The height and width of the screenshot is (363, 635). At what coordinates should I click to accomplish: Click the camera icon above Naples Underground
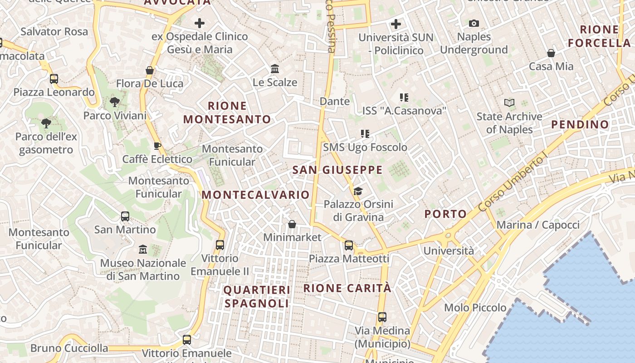[x=474, y=24]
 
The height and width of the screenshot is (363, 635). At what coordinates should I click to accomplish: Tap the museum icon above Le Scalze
[x=275, y=69]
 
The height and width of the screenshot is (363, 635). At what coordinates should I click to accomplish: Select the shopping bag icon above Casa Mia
[x=551, y=54]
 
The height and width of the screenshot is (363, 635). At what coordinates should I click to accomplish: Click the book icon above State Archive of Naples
[x=509, y=103]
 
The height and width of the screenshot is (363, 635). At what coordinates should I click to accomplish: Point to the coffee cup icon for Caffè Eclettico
[x=157, y=146]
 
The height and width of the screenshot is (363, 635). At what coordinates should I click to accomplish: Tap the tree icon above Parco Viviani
[x=115, y=102]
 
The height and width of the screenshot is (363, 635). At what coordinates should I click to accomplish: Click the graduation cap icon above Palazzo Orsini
[x=358, y=191]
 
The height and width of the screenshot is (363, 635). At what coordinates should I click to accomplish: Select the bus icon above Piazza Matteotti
[x=348, y=245]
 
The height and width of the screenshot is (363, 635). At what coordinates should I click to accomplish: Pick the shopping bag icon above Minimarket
[x=292, y=224]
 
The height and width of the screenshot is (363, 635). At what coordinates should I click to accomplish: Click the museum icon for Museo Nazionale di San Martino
[x=143, y=250]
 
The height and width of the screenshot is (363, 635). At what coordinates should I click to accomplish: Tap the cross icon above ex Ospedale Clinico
[x=199, y=23]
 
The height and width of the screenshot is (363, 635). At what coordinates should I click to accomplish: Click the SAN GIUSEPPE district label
[x=337, y=170]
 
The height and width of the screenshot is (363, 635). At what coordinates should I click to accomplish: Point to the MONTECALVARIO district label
[x=255, y=195]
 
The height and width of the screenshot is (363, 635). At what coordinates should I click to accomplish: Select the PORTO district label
[x=445, y=214]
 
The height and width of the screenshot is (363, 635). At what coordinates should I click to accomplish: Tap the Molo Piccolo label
[x=475, y=308]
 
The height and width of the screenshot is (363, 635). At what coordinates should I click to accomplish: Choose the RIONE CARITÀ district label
[x=347, y=288]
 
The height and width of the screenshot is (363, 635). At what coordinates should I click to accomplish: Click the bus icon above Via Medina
[x=382, y=317]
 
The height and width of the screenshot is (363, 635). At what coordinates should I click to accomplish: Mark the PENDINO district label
[x=580, y=124]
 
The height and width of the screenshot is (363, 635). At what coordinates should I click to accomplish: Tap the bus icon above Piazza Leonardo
[x=54, y=79]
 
